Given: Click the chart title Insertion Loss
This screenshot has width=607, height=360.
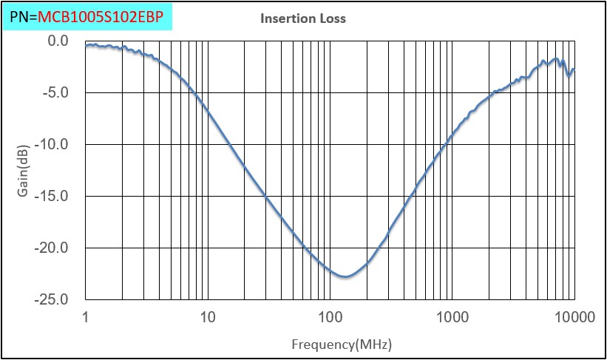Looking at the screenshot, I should tap(302, 18).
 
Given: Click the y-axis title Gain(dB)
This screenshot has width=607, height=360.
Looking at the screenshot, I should tap(23, 171).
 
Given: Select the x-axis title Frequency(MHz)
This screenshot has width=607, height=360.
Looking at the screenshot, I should tap(330, 344).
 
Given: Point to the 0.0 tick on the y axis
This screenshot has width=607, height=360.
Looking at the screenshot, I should tap(57, 41).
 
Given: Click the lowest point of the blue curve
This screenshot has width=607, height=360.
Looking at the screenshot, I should tap(345, 276).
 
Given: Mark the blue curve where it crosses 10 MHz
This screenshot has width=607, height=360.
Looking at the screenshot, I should tap(208, 112).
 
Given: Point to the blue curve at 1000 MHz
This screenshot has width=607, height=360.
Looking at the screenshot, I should tap(452, 135).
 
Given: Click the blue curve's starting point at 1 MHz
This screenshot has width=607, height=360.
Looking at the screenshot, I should tap(87, 46).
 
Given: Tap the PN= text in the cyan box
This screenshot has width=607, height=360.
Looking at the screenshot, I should tap(23, 16).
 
